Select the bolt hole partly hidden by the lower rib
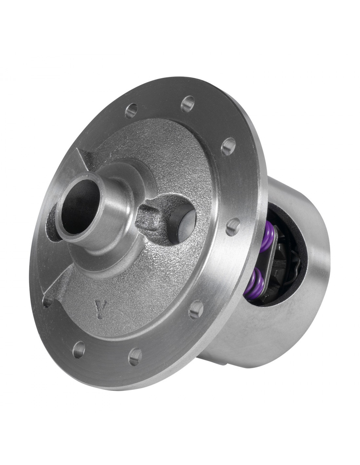48,301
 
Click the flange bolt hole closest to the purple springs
233,226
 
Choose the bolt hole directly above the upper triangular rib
132,110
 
